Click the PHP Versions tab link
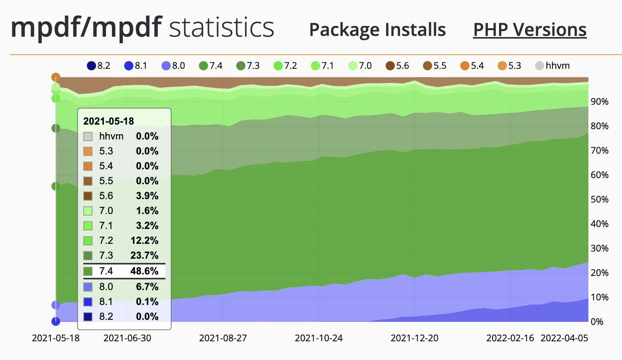tap(530, 30)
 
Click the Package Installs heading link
tap(377, 30)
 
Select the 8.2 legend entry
tap(99, 66)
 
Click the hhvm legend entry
tap(552, 66)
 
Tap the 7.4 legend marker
tap(204, 66)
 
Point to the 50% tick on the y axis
tap(599, 199)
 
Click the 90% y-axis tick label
tap(599, 102)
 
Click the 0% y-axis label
tap(597, 322)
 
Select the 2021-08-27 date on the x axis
tap(223, 338)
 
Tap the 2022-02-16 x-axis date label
tap(510, 338)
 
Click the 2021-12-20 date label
tap(415, 338)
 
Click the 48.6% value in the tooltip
tap(144, 271)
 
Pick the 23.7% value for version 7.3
tap(144, 256)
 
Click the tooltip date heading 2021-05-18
tap(109, 122)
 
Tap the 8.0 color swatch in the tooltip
tap(88, 287)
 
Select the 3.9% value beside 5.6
tap(147, 196)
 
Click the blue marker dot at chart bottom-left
tap(56, 321)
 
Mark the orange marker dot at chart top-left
tap(56, 77)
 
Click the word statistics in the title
tap(222, 28)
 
